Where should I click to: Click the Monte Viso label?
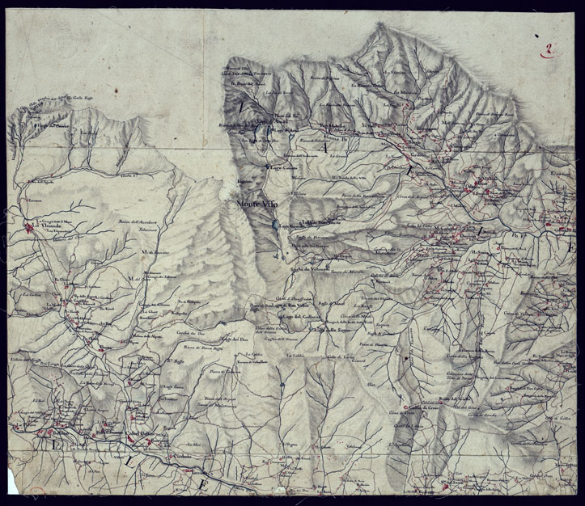(257, 205)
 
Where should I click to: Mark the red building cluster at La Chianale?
(30, 228)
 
